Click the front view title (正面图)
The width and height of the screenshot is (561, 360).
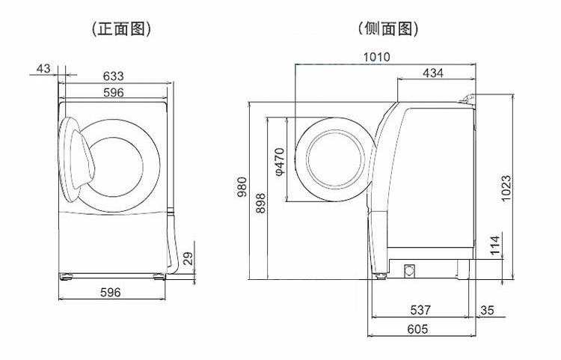pos(120,29)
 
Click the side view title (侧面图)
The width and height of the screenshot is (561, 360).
pos(387,29)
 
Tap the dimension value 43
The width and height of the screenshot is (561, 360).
pos(43,69)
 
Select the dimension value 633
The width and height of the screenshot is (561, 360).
pos(114,76)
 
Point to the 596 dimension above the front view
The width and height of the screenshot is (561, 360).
pos(114,92)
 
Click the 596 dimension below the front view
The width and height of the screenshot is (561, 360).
pos(110,293)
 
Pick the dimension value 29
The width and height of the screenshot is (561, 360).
pos(188,258)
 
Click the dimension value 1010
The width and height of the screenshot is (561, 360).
pos(376,57)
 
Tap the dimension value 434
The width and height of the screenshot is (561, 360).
pos(433,73)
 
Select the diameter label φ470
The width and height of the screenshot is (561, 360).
pos(279,161)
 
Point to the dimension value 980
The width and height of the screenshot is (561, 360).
pos(242,186)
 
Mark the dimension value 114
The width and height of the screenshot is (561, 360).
pos(494,245)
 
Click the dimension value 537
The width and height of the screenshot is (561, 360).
pos(422,310)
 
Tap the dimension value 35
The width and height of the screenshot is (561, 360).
pos(488,310)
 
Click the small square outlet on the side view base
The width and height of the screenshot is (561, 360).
pos(410,271)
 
